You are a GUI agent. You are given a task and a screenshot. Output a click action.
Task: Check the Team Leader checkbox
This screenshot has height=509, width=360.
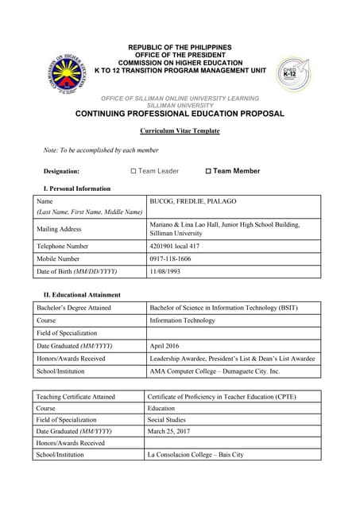tap(134, 171)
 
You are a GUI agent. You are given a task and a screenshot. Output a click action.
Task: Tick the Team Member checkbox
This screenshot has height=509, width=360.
tap(208, 171)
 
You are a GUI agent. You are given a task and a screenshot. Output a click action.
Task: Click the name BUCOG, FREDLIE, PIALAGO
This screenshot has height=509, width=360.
tap(192, 202)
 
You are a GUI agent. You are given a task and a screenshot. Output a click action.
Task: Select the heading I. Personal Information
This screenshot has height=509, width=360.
tap(77, 188)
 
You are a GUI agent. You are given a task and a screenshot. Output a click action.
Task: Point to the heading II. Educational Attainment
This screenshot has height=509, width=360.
tap(83, 295)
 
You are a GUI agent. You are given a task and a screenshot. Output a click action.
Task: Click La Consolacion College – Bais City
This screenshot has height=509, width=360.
tap(196, 454)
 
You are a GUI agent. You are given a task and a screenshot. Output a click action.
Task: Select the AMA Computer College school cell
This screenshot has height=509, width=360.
tap(215, 371)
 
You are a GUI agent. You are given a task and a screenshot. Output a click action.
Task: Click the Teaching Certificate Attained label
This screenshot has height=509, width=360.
tap(75, 396)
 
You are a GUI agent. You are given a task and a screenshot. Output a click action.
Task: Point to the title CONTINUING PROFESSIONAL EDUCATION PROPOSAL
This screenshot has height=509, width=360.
tap(179, 114)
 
